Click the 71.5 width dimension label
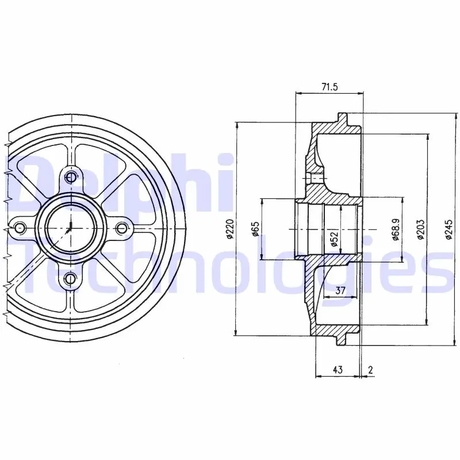pos(329,87)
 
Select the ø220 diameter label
pos(229,229)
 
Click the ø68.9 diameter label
pos(396,229)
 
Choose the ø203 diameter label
pos(421,229)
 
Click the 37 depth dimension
pos(340,290)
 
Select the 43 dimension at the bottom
pos(338,369)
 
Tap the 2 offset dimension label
pos(370,369)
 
